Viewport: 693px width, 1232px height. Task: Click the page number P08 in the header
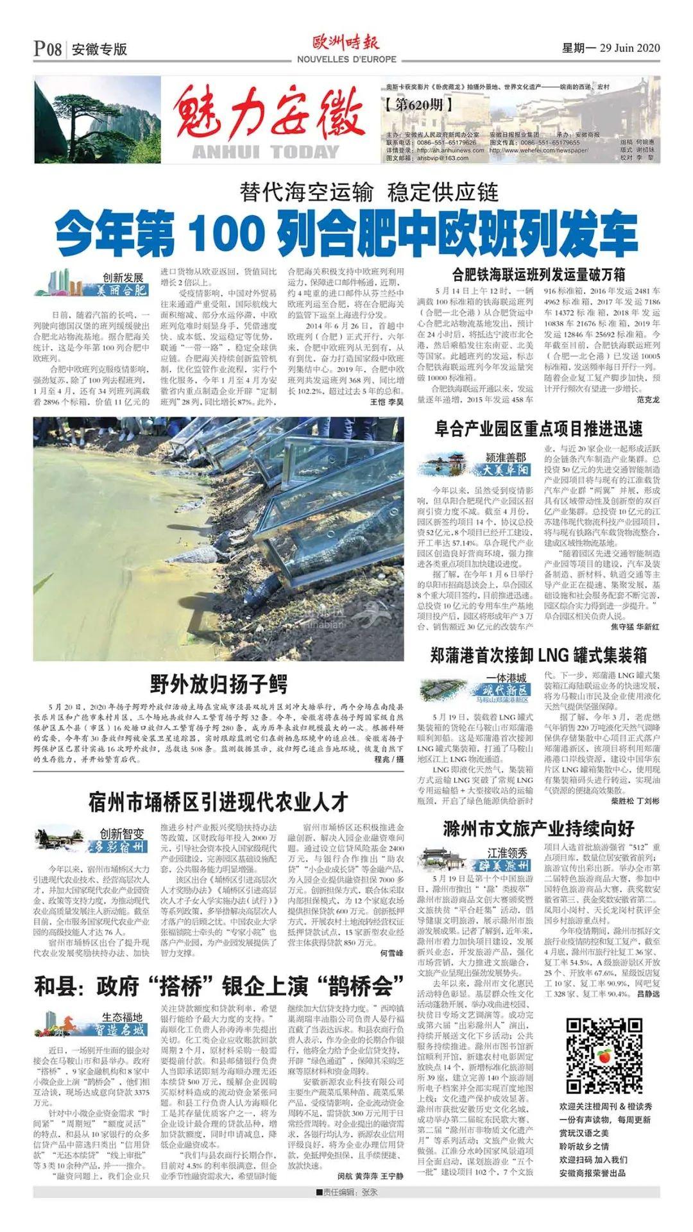[x=48, y=49]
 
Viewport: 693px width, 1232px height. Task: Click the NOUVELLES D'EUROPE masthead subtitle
[x=346, y=60]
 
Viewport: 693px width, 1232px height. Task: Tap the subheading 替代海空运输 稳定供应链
[x=369, y=192]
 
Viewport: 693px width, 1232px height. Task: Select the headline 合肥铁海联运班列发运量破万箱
[x=538, y=275]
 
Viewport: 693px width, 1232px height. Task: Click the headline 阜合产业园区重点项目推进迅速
[x=538, y=429]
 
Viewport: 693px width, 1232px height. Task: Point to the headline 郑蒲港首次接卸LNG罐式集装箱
[x=538, y=655]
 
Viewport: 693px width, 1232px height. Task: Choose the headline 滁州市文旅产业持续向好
[x=538, y=828]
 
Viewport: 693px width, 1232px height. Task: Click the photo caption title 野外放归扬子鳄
[x=218, y=684]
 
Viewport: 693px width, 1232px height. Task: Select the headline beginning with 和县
[x=218, y=986]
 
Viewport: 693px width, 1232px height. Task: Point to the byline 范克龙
[x=648, y=399]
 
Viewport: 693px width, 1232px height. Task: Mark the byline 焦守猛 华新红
[x=634, y=626]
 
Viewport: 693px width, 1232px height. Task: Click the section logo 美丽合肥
[x=122, y=290]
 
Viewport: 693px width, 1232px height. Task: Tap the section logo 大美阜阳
[x=507, y=470]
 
